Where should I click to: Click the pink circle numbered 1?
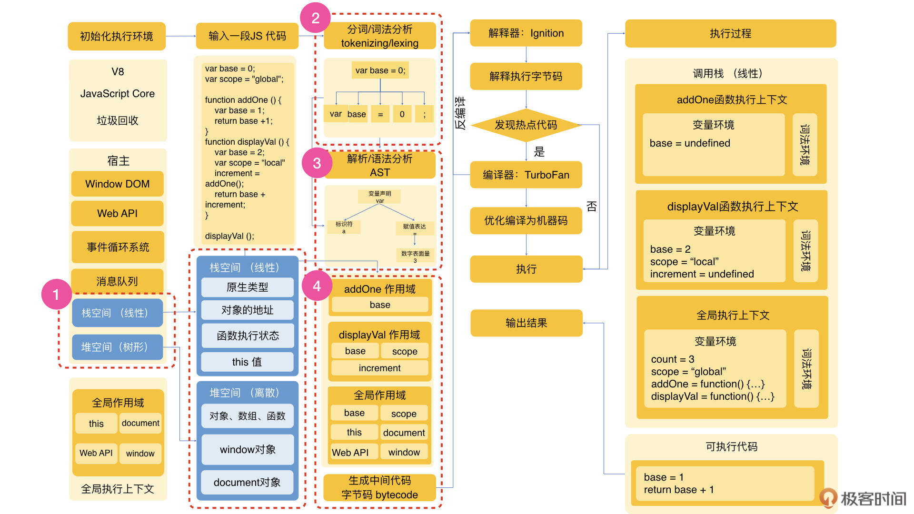coord(56,295)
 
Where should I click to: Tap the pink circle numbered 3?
coord(317,163)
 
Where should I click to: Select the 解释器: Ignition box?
coord(526,33)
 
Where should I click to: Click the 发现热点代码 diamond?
coord(526,125)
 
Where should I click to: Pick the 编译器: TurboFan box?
coord(526,175)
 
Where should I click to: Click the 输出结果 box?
coord(526,323)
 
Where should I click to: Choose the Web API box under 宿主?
coord(117,214)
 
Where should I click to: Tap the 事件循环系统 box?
coord(118,247)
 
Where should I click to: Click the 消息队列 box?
coord(117,281)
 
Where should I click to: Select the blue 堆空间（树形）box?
coord(117,347)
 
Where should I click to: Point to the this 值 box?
coord(247,362)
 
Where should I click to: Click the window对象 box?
coord(248,450)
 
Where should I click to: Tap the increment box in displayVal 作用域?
coord(379,368)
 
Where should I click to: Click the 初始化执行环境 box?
coord(117,36)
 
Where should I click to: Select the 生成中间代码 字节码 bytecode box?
coord(379,488)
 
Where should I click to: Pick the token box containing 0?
coord(402,114)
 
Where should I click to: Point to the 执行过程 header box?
coord(730,33)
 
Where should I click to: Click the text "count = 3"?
coord(673,359)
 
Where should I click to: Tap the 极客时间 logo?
coord(864,498)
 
